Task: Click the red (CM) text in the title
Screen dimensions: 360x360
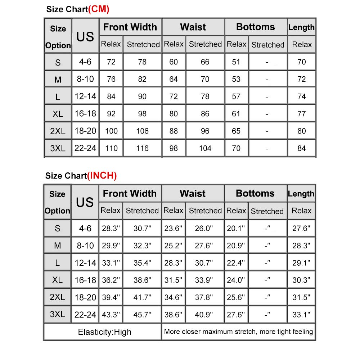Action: (x=99, y=9)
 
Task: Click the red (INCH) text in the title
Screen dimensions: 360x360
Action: (x=102, y=176)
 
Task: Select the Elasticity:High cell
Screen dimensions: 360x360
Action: (x=104, y=332)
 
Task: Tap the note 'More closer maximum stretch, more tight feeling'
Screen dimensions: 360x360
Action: (x=238, y=332)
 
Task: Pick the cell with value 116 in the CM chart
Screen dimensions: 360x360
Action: (x=142, y=148)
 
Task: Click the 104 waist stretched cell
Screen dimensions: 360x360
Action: (x=205, y=148)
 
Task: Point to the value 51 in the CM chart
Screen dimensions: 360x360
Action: (x=236, y=62)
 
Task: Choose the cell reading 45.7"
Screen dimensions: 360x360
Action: (x=142, y=314)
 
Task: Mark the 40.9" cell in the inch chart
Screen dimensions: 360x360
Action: (x=205, y=314)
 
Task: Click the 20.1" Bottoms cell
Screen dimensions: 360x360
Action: (x=236, y=228)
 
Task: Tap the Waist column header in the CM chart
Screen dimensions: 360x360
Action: (x=193, y=27)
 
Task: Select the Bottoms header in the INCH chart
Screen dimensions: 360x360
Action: (x=255, y=193)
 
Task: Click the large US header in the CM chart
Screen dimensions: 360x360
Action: (x=85, y=36)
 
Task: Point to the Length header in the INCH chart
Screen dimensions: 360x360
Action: (x=301, y=194)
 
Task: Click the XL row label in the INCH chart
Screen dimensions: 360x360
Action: (x=57, y=280)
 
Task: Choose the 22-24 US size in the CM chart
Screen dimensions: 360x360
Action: (x=85, y=148)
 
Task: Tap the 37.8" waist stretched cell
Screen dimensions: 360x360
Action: (x=205, y=297)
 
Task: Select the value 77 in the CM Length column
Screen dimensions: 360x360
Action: (x=302, y=114)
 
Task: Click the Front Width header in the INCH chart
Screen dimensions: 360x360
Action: (x=130, y=193)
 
